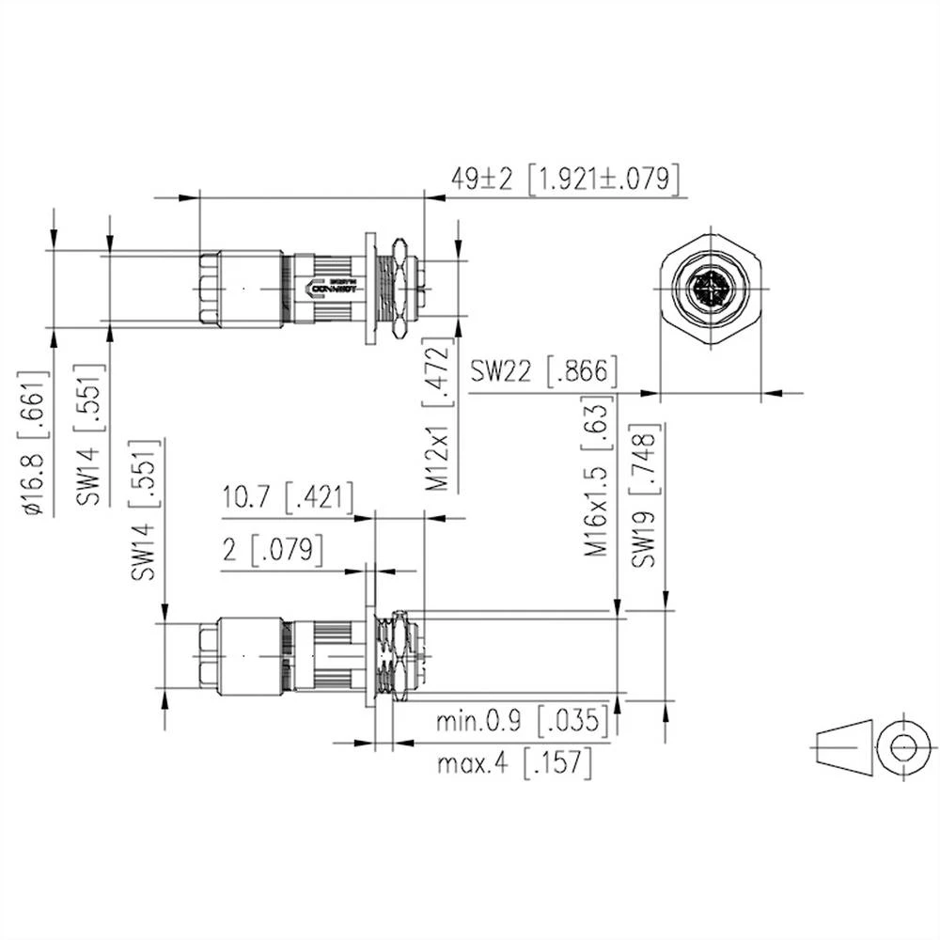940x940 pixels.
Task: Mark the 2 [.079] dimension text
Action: click(273, 550)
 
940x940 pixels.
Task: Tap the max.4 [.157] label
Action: click(515, 762)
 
